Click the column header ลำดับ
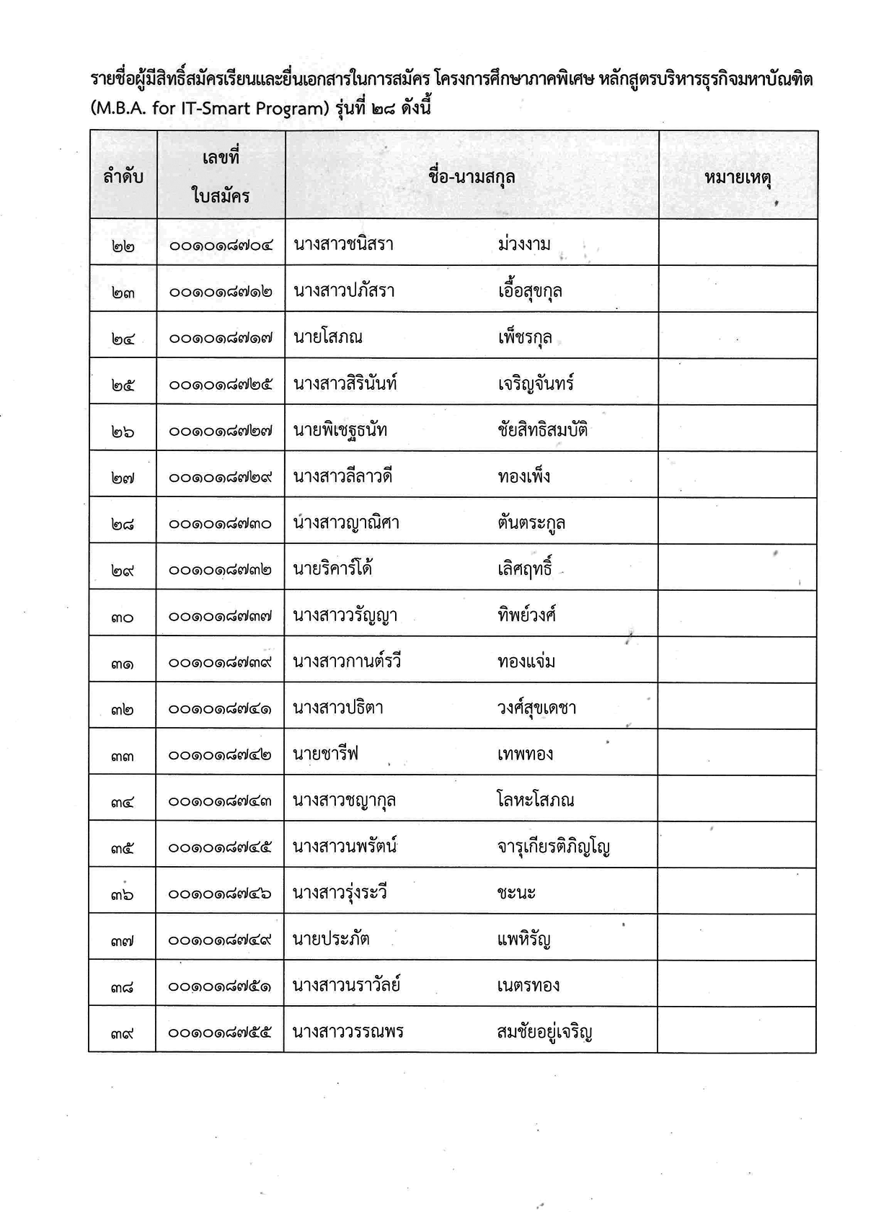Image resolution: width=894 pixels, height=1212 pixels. click(123, 176)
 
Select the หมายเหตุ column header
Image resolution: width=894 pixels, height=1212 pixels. click(738, 177)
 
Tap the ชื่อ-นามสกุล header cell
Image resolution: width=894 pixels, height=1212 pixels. click(472, 177)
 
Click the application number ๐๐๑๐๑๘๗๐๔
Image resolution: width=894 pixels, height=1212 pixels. click(221, 245)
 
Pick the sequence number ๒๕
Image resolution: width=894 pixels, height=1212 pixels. click(123, 385)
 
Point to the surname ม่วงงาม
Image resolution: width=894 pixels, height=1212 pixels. click(524, 244)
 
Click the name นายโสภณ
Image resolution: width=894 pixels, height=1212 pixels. click(328, 337)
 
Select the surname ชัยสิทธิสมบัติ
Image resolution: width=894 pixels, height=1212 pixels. click(542, 430)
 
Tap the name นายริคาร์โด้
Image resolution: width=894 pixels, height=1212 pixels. click(333, 569)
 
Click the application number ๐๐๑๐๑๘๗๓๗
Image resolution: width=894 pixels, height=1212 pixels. click(221, 616)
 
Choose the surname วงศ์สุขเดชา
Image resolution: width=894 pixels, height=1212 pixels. click(536, 708)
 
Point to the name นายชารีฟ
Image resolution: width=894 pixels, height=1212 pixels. click(326, 754)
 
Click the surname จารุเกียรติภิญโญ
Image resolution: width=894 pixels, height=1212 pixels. click(553, 847)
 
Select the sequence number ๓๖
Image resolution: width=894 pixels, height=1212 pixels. click(123, 894)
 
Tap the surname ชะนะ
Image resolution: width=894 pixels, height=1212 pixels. click(516, 894)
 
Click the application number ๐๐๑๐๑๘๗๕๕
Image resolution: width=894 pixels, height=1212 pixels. click(220, 1033)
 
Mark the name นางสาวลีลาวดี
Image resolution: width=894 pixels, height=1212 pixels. click(342, 476)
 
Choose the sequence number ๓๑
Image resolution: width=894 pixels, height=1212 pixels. click(123, 663)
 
